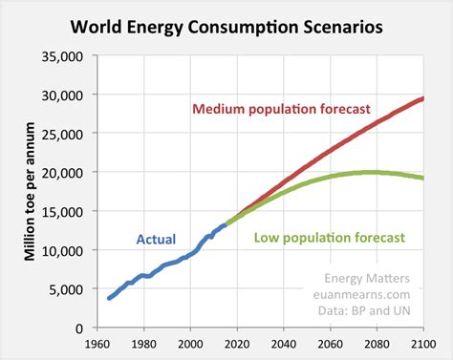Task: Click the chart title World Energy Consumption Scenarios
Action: [227, 26]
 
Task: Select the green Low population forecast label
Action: [331, 238]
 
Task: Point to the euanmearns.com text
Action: [371, 296]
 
